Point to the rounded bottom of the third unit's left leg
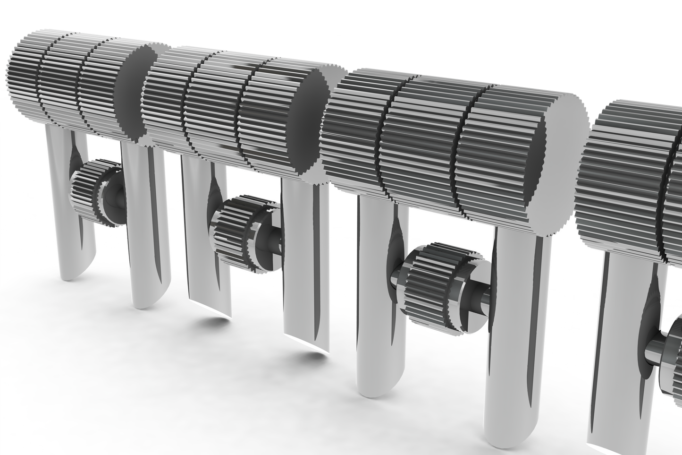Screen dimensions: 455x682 pyautogui.click(x=373, y=385)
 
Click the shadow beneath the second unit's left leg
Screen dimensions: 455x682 pyautogui.click(x=208, y=326)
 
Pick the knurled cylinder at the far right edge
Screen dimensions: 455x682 pyautogui.click(x=628, y=175)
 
